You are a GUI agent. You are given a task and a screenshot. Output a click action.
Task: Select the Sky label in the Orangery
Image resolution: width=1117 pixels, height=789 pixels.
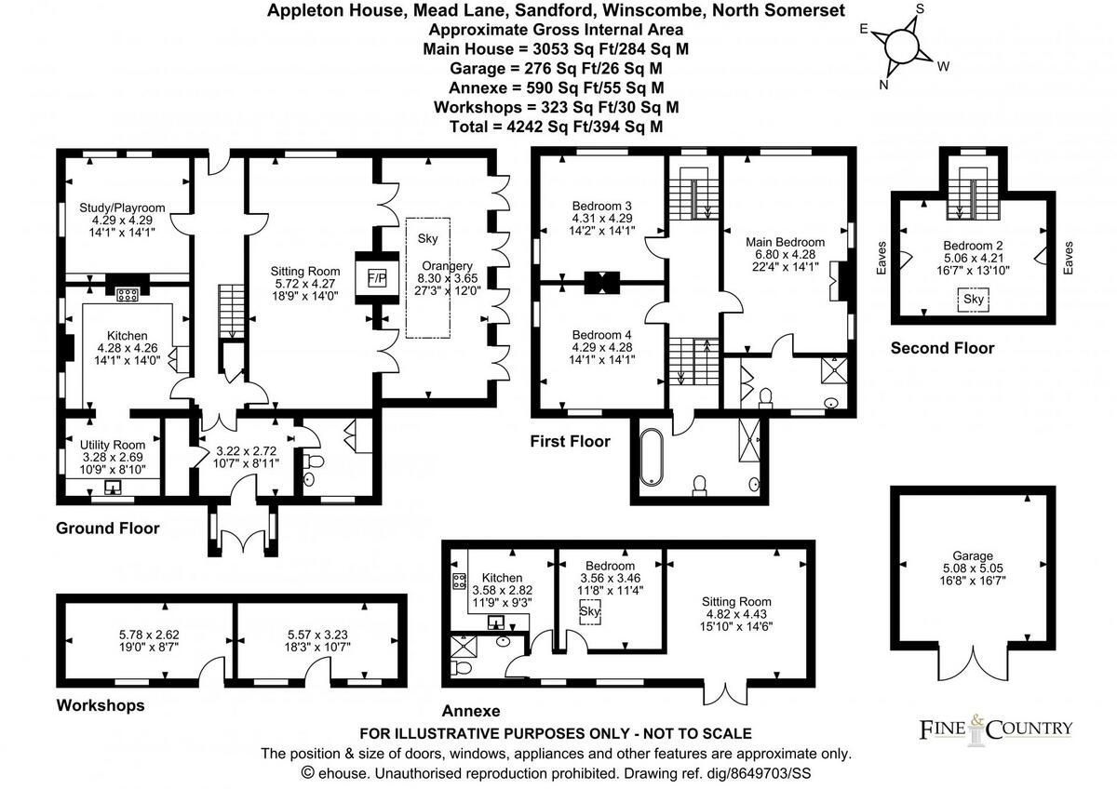tap(428, 238)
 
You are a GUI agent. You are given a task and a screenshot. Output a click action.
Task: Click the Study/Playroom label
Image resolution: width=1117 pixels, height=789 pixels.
tap(122, 207)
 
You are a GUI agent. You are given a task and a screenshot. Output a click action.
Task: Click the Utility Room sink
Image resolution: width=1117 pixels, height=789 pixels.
tap(114, 486)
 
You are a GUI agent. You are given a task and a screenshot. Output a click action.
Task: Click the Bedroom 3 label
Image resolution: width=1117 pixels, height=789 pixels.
tap(602, 206)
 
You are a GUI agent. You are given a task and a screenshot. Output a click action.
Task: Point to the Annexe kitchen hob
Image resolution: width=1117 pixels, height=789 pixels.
tap(459, 582)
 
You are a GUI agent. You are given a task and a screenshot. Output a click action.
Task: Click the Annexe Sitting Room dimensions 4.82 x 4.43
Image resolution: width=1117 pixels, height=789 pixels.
tap(736, 615)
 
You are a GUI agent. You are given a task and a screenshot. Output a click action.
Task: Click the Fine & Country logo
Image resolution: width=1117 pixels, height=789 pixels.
tap(995, 728)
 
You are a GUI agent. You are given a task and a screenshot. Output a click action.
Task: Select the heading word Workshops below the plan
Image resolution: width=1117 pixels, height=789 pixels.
tap(101, 705)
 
